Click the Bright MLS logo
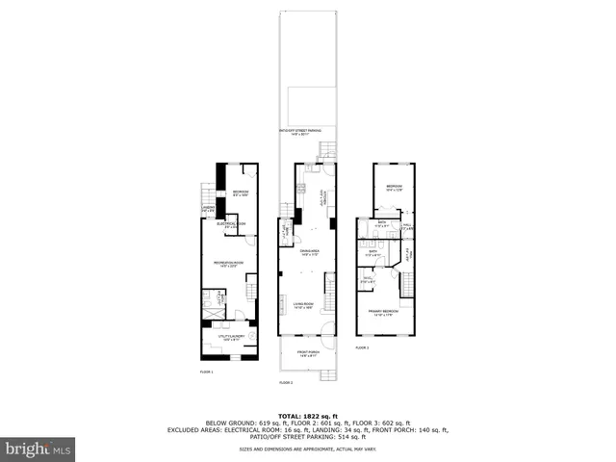tap(38, 449)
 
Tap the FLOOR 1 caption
tap(206, 372)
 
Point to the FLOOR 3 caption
tap(362, 347)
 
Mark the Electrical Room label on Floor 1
tap(231, 225)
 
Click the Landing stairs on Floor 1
tap(208, 192)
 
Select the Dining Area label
tap(309, 253)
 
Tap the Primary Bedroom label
tap(382, 312)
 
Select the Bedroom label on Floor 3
tap(395, 188)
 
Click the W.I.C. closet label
tap(367, 280)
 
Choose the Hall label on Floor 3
tap(407, 228)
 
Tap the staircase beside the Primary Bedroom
tap(408, 285)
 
